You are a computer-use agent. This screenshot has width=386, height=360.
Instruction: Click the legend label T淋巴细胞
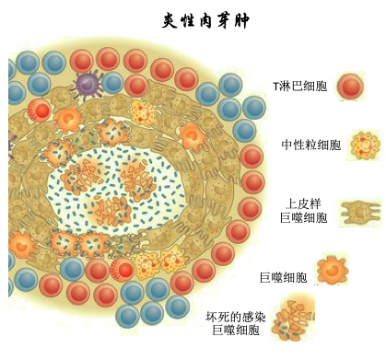[299, 89]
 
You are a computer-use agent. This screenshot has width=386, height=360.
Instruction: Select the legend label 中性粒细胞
[310, 146]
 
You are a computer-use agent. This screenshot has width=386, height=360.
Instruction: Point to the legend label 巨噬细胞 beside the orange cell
[282, 275]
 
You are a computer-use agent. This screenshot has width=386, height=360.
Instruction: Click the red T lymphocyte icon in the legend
[350, 88]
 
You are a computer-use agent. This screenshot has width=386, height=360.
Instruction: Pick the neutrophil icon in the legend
[362, 145]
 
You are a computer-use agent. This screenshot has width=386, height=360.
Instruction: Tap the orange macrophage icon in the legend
[330, 271]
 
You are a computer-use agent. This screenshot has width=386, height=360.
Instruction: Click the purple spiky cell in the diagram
[88, 86]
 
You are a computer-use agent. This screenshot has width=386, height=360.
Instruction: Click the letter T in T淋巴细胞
[275, 89]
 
